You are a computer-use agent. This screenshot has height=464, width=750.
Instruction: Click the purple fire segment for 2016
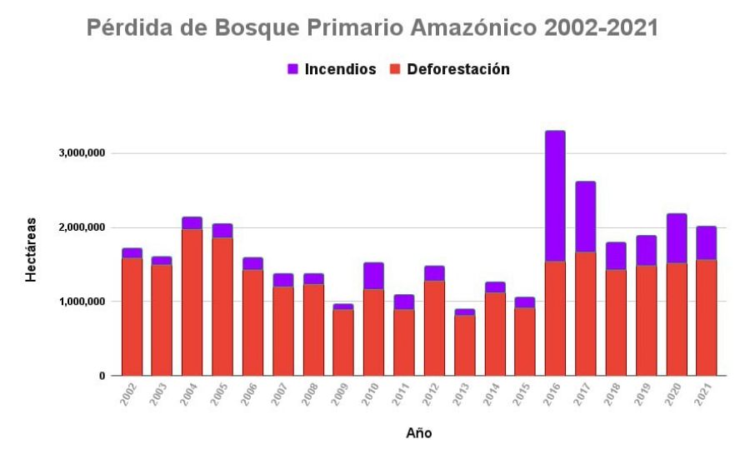pyautogui.click(x=555, y=196)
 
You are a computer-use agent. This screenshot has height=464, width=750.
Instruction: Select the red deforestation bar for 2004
pyautogui.click(x=192, y=302)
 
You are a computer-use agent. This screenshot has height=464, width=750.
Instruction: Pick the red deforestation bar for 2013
pyautogui.click(x=464, y=345)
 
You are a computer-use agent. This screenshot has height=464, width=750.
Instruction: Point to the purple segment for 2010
pyautogui.click(x=373, y=276)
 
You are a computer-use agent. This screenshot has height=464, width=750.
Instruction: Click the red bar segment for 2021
pyautogui.click(x=706, y=317)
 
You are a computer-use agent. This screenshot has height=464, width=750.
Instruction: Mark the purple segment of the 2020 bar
pyautogui.click(x=676, y=238)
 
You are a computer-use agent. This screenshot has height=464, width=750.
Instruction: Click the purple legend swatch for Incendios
pyautogui.click(x=293, y=69)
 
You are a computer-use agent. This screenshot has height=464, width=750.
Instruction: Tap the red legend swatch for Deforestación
pyautogui.click(x=395, y=69)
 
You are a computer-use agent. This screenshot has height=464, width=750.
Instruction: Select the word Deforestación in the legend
pyautogui.click(x=457, y=69)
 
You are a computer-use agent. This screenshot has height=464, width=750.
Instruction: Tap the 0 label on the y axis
pyautogui.click(x=102, y=376)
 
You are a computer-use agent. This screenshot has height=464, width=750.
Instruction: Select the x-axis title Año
pyautogui.click(x=418, y=433)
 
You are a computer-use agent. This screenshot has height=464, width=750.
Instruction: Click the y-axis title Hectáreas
pyautogui.click(x=31, y=249)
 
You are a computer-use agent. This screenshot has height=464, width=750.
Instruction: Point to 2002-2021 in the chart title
pyautogui.click(x=600, y=28)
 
